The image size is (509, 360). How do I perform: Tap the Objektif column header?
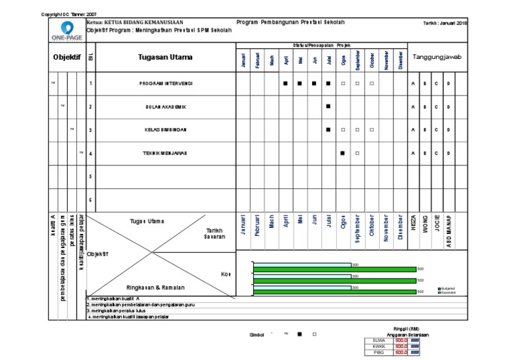pos(66,58)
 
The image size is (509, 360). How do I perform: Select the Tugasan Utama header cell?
pos(166,58)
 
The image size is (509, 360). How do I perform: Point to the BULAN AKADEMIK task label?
pos(166,106)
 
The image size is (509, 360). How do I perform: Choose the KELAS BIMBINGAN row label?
pos(166,129)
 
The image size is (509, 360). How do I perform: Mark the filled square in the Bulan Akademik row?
pos(327,106)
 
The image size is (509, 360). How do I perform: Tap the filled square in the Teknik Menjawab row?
pos(342,153)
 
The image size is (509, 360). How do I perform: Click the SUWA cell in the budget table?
pos(379,340)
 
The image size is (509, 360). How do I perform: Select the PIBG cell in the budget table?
pos(379,353)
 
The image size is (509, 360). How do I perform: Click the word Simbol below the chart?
pos(256,335)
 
